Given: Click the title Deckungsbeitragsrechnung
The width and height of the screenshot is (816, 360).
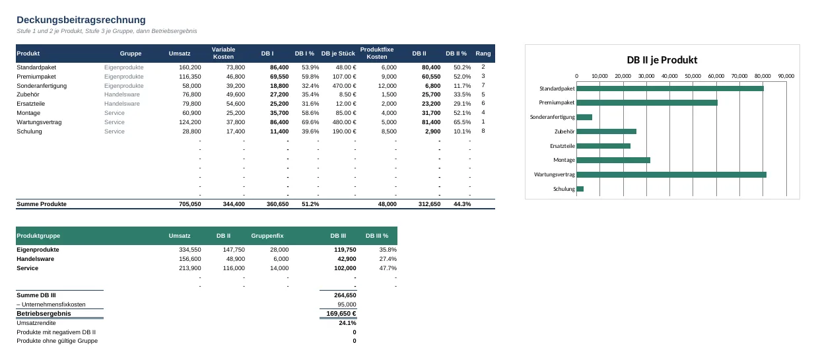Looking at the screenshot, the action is (81, 20).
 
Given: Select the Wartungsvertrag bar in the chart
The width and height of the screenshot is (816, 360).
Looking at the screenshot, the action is (671, 174).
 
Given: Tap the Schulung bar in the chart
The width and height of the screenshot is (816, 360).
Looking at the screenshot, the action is (580, 189).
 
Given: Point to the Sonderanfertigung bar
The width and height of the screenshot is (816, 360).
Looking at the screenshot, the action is (584, 117).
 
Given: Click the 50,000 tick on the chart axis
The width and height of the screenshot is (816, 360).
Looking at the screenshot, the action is (693, 76).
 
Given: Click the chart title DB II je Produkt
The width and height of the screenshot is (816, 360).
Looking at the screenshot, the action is (662, 59).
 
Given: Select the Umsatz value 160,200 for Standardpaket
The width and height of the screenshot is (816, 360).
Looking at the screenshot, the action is (189, 67).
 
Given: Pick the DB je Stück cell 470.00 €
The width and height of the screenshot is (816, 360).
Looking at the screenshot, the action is (344, 86).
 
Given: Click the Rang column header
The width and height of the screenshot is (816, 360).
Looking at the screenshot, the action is (483, 54).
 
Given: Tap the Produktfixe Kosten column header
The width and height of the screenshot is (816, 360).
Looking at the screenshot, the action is (377, 54).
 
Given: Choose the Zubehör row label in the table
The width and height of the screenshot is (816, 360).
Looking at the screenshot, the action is (28, 94).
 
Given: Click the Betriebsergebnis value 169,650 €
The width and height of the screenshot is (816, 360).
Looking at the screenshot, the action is (341, 313).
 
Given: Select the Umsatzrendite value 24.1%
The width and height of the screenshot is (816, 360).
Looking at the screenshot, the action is (347, 323).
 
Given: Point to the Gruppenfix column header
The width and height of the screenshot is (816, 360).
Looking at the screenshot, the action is (267, 236).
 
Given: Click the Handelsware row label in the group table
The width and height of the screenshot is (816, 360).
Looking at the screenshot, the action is (36, 259).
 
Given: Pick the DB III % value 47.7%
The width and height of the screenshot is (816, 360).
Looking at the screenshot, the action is (388, 268).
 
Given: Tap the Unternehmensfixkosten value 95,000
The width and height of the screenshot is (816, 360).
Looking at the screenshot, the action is (347, 305).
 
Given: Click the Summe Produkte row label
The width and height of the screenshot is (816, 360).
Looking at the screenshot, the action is (42, 204).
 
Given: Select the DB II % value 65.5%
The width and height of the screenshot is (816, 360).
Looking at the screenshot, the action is (462, 122).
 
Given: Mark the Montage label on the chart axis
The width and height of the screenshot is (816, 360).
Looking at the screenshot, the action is (564, 160).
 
